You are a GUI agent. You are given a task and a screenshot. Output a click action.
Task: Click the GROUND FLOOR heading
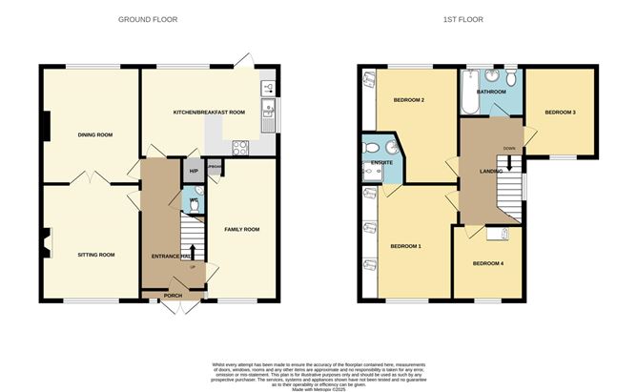click(147, 19)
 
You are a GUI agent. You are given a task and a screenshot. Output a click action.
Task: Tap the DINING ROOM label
click(95, 135)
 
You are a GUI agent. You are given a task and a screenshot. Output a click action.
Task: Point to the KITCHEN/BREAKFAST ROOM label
click(209, 113)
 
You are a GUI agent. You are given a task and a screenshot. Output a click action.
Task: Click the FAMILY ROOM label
click(241, 230)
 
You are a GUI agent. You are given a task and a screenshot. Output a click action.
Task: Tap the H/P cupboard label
click(194, 172)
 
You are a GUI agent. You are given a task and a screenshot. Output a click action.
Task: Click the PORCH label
click(173, 296)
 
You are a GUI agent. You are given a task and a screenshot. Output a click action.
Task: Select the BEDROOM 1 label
click(405, 247)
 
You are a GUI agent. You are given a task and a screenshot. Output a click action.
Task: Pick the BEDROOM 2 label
click(409, 100)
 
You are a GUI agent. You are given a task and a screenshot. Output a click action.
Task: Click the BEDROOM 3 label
click(560, 113)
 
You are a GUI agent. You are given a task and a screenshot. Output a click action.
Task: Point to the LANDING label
click(491, 171)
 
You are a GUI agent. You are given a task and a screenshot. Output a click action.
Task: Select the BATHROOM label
click(492, 92)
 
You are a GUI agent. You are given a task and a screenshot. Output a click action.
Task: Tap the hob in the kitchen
click(240, 148)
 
